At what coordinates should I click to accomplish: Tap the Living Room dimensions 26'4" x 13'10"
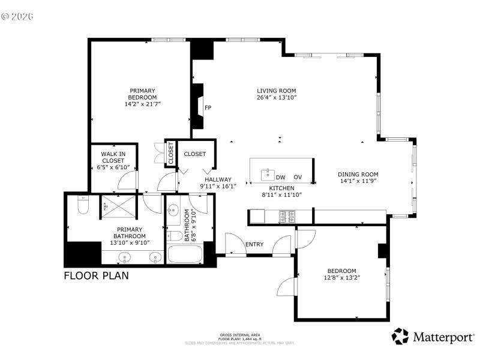tap(277, 97)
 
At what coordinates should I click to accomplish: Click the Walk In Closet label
tap(113, 157)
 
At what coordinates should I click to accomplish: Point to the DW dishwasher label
tap(280, 177)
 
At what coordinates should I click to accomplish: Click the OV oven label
tap(298, 177)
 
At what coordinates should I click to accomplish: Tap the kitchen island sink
tap(267, 175)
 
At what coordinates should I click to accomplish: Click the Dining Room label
tap(359, 175)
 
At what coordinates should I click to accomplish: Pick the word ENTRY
tap(254, 244)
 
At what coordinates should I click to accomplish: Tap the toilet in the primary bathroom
tap(83, 206)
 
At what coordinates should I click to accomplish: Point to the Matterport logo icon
tap(400, 337)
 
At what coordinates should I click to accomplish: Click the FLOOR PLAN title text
tap(96, 276)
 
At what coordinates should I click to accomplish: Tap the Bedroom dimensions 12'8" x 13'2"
tap(341, 277)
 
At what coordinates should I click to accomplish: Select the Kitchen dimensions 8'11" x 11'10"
tap(281, 194)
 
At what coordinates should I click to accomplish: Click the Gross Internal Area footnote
tap(239, 337)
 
